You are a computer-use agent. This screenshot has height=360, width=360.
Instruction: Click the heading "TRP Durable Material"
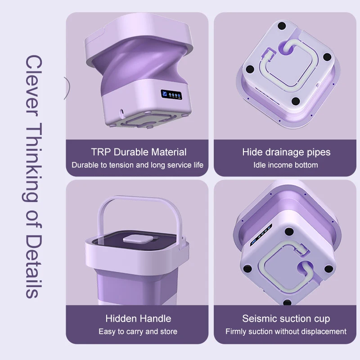click(x=139, y=152)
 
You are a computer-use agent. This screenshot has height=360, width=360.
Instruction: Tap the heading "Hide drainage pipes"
click(x=286, y=153)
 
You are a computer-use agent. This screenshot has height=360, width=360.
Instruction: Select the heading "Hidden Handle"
click(x=139, y=319)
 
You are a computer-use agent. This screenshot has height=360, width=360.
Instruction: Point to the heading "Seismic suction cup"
click(x=286, y=319)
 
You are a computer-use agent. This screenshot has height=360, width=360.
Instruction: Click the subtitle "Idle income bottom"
click(x=286, y=165)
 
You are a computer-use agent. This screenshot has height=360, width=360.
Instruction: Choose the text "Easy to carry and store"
click(x=138, y=332)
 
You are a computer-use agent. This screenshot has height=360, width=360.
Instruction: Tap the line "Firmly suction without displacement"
click(x=286, y=332)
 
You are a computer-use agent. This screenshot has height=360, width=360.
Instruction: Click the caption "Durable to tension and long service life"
click(x=138, y=165)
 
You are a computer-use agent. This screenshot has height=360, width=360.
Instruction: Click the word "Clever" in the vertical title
click(x=34, y=85)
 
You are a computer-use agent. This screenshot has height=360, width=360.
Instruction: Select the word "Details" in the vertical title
click(x=34, y=266)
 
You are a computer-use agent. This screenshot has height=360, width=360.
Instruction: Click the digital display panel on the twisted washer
click(x=171, y=94)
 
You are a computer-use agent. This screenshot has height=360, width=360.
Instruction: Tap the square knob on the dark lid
click(x=138, y=239)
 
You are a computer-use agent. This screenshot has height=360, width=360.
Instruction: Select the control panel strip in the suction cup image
click(x=261, y=235)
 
